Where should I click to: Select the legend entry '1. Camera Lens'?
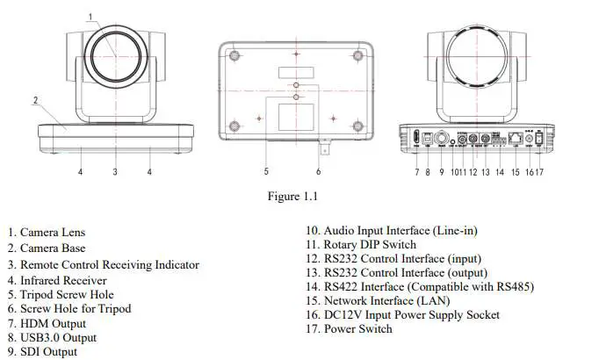click(59, 233)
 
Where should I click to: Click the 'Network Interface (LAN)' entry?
click(381, 300)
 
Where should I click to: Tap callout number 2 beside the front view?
click(36, 101)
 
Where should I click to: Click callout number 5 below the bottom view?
click(266, 171)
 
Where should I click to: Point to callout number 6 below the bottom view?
click(318, 171)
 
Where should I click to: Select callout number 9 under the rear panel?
click(441, 172)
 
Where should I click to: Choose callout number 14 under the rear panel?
click(499, 172)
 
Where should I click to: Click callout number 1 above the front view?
click(92, 16)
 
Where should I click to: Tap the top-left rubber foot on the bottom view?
click(235, 54)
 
